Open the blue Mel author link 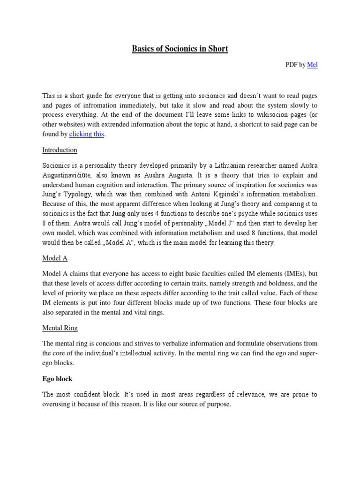(312, 65)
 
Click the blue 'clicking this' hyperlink (87, 135)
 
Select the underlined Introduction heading (60, 150)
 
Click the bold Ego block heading (57, 379)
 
